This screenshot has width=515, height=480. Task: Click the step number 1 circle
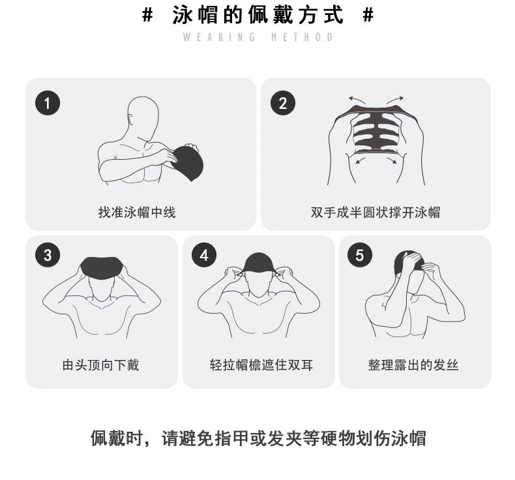[x=48, y=103]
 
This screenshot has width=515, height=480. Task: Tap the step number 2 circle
[x=283, y=103]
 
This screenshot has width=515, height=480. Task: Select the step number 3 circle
[x=48, y=255]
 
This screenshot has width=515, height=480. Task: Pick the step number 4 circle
[x=204, y=255]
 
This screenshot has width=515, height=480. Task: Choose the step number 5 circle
[x=360, y=255]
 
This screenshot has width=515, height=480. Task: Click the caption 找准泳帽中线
[x=137, y=212]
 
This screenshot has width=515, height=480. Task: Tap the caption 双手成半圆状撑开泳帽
[x=375, y=212]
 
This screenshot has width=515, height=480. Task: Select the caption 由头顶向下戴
[x=101, y=365]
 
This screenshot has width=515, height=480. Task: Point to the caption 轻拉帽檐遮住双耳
[x=261, y=365]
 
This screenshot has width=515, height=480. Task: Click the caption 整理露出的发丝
[x=413, y=365]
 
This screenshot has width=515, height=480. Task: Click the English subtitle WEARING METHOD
[x=258, y=37]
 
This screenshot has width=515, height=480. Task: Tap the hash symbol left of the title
[x=148, y=15]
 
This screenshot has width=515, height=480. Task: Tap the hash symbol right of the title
[x=368, y=15]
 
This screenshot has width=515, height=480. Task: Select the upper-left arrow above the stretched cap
[x=357, y=100]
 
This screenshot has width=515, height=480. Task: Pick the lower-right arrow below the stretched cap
[x=392, y=160]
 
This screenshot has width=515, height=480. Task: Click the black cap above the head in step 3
[x=102, y=267]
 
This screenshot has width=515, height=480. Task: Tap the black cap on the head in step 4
[x=258, y=263]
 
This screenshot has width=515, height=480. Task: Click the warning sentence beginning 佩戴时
[x=259, y=438]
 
